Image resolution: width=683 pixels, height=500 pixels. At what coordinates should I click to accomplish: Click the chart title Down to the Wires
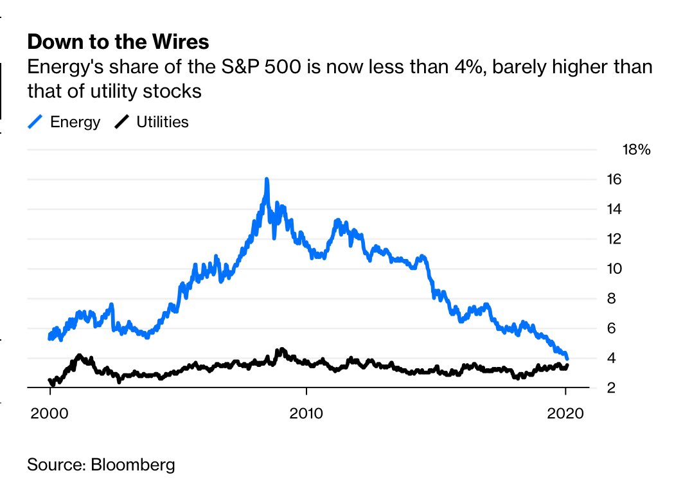point(118,42)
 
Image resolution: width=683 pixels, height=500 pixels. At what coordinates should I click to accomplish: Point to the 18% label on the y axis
point(637,150)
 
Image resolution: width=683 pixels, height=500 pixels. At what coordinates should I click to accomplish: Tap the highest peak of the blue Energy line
point(266,180)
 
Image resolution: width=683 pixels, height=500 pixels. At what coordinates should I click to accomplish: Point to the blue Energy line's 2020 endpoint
point(567,357)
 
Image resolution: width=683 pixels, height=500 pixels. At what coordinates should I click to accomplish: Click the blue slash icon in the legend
point(36,122)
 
